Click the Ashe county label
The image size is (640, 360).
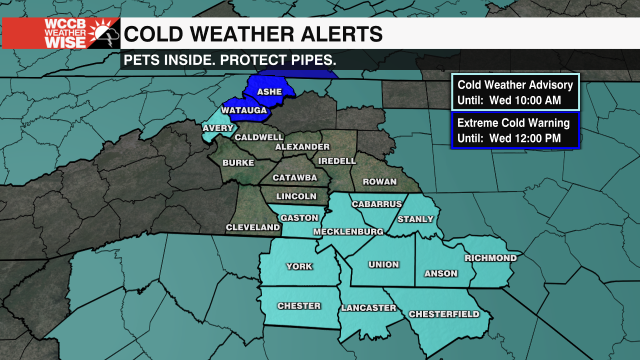269,92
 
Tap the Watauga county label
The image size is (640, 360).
244,110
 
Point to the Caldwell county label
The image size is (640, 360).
259,137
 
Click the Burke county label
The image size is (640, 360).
238,162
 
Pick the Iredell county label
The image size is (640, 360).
337,161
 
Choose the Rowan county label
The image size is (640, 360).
379,182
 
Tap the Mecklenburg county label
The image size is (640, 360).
348,231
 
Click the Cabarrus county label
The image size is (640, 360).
376,204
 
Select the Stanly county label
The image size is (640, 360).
415,219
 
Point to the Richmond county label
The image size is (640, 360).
490,258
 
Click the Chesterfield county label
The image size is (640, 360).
444,314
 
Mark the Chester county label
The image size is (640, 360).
299,305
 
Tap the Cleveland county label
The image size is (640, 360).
253,227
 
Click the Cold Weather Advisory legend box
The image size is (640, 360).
515,92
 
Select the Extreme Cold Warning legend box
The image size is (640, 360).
515,130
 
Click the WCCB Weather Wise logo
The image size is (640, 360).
61,33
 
